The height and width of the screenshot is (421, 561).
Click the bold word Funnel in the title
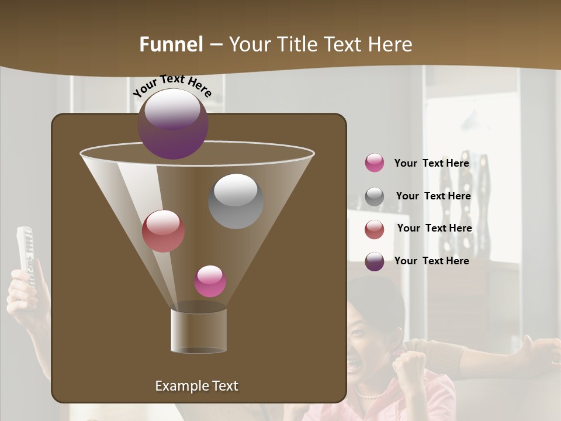click(x=171, y=44)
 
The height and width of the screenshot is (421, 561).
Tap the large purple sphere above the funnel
click(x=172, y=123)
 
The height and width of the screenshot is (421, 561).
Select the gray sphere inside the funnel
click(x=236, y=201)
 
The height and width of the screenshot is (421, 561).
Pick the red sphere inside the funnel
click(x=163, y=231)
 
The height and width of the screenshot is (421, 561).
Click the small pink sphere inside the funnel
click(x=210, y=281)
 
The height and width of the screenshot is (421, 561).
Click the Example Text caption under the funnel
click(x=196, y=386)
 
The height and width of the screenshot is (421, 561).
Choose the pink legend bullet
click(x=375, y=163)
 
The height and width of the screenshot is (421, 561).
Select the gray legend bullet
click(x=375, y=196)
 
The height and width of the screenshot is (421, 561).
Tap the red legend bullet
click(x=375, y=229)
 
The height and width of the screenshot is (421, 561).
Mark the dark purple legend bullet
click(x=375, y=261)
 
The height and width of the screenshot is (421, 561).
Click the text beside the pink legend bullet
click(x=431, y=163)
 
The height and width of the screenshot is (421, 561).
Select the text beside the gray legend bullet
click(x=433, y=196)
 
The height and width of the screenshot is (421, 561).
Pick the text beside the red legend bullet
click(x=434, y=228)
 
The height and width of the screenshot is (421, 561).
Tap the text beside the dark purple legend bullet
click(x=431, y=261)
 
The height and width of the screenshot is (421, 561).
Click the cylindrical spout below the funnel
click(x=199, y=330)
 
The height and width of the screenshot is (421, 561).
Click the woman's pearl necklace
click(x=372, y=395)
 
